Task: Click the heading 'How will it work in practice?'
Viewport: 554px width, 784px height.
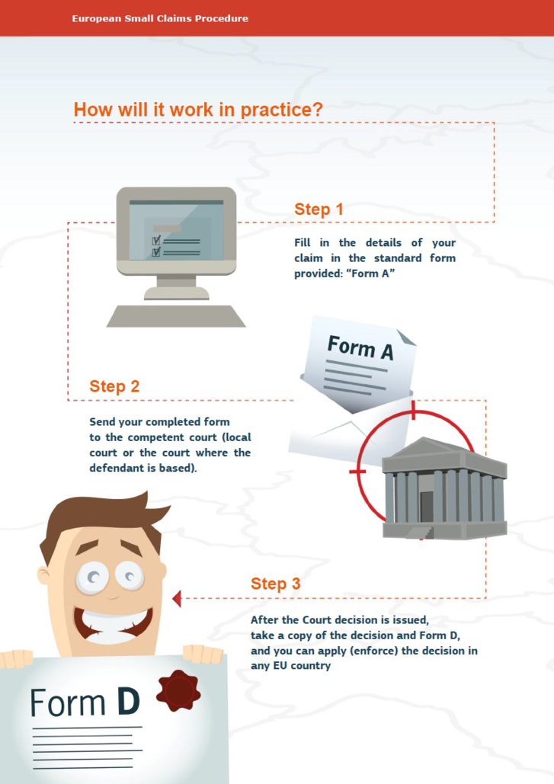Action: click(198, 110)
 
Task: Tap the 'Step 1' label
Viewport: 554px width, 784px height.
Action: click(319, 209)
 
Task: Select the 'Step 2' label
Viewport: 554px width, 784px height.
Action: click(114, 386)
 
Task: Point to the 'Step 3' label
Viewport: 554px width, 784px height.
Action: click(276, 584)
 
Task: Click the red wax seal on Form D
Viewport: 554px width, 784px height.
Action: click(178, 690)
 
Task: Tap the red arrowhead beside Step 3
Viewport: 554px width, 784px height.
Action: click(177, 598)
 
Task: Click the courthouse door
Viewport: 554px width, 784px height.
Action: click(427, 507)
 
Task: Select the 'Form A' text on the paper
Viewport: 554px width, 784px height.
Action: click(360, 347)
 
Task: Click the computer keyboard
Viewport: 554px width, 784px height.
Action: click(176, 316)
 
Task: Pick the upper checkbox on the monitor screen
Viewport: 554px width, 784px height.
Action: click(156, 241)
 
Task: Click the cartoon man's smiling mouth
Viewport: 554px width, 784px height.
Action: click(113, 626)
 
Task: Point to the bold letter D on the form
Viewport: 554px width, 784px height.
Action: click(128, 701)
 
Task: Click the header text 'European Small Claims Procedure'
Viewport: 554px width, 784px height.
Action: click(160, 18)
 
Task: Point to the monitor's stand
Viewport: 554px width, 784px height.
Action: click(176, 287)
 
